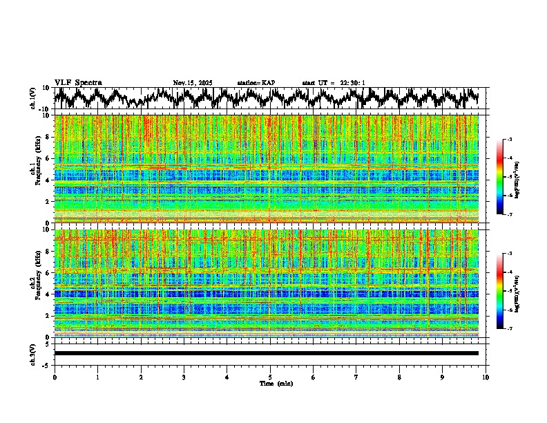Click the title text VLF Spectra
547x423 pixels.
78,83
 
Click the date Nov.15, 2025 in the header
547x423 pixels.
193,83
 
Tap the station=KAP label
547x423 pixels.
256,83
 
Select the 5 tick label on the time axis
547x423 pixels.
270,377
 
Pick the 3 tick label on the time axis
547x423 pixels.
184,377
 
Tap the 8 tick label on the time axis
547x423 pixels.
399,377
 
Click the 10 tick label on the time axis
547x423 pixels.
486,377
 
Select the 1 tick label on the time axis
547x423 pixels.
97,377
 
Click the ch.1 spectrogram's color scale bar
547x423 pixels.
508,178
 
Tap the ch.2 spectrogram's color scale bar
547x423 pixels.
508,291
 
